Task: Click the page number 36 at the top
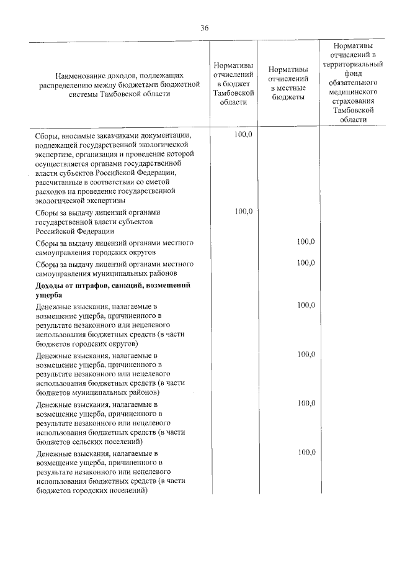204,27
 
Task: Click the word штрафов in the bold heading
92,286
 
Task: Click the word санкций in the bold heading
131,286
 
